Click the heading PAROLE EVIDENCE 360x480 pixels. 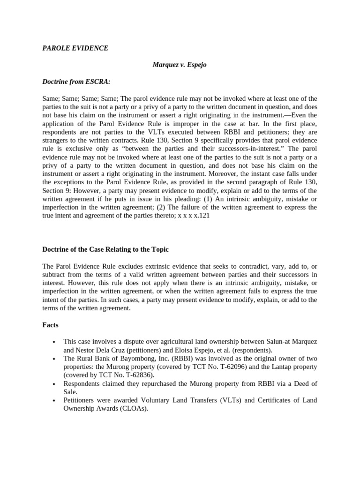(x=75, y=48)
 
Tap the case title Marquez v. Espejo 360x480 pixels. (x=180, y=65)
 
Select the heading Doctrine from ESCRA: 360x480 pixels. (x=76, y=82)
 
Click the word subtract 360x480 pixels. (x=54, y=275)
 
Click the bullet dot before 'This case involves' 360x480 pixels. (x=55, y=342)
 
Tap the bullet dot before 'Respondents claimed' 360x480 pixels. (x=55, y=384)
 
